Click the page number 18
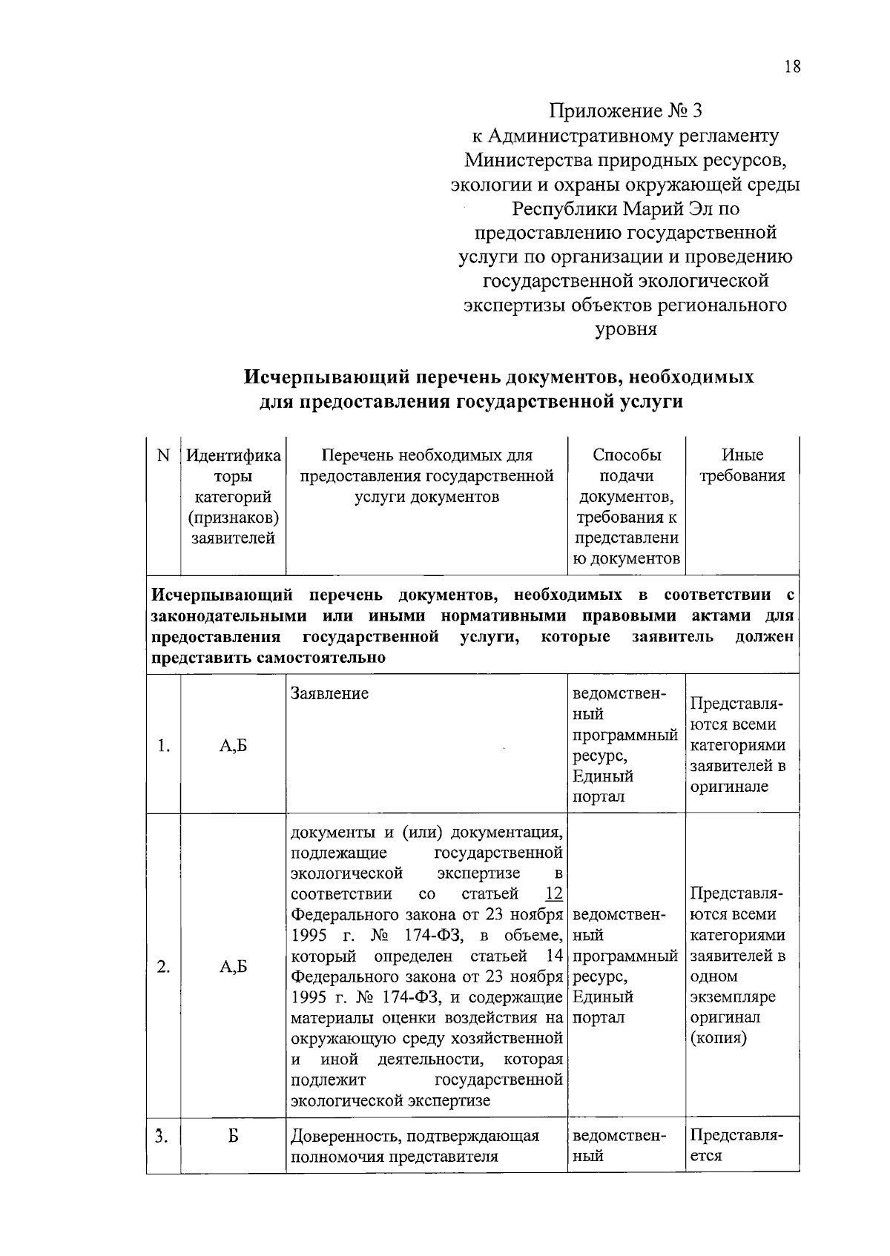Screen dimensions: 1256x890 791,67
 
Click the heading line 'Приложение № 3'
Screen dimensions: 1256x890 624,111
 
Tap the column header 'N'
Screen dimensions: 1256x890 164,455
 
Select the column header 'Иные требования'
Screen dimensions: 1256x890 742,466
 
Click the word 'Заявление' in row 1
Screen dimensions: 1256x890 329,694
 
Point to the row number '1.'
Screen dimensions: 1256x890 164,746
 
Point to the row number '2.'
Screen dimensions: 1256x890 164,967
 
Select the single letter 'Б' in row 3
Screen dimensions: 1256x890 233,1135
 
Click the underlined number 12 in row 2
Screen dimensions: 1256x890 553,893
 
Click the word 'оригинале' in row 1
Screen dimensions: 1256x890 729,787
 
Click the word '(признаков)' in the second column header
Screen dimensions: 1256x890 233,518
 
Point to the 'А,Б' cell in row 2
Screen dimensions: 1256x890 233,967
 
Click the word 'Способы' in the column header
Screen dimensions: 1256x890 627,455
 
